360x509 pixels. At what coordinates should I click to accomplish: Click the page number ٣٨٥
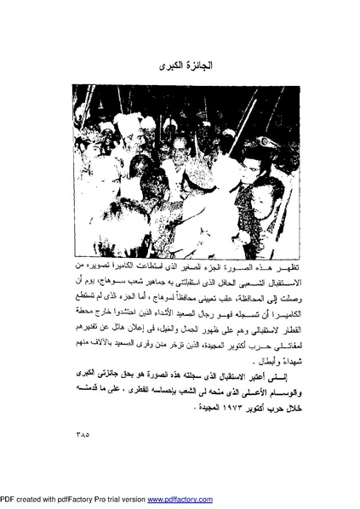76,441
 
